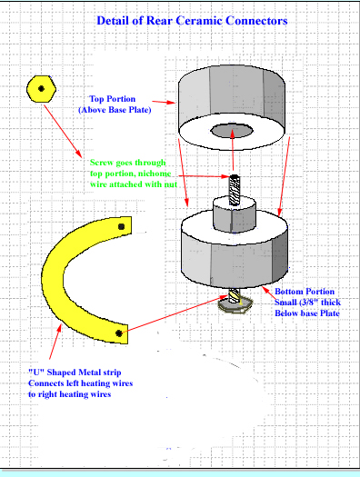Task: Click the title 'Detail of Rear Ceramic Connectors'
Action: pos(192,21)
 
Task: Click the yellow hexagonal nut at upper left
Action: pos(42,89)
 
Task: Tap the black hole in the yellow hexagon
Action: pos(42,89)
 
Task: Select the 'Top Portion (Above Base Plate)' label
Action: pos(115,104)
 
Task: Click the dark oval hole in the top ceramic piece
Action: pos(232,131)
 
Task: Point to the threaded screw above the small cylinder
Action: pos(234,190)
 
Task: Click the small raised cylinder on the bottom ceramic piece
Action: pos(234,214)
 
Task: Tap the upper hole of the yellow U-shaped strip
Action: pos(122,226)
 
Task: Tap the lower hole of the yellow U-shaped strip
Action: pos(119,333)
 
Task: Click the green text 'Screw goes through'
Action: pos(128,163)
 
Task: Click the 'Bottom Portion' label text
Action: pos(305,292)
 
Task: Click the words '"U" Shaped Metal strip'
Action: pos(75,373)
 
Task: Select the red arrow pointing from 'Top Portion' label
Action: pos(164,102)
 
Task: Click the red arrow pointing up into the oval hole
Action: pos(233,150)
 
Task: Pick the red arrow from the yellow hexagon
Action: pos(63,131)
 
